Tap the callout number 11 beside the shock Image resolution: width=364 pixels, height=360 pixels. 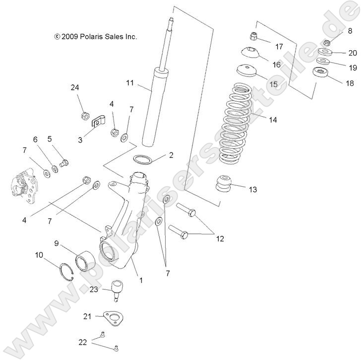point(130,83)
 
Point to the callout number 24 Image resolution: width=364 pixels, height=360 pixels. point(74,88)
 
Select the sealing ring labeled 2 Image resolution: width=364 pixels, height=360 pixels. point(142,159)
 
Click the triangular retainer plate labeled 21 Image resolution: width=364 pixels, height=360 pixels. point(110,319)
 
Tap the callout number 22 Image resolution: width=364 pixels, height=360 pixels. point(83,342)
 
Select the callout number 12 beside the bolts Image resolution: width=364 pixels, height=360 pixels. point(220,238)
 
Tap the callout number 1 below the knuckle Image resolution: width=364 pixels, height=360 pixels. point(141,280)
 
